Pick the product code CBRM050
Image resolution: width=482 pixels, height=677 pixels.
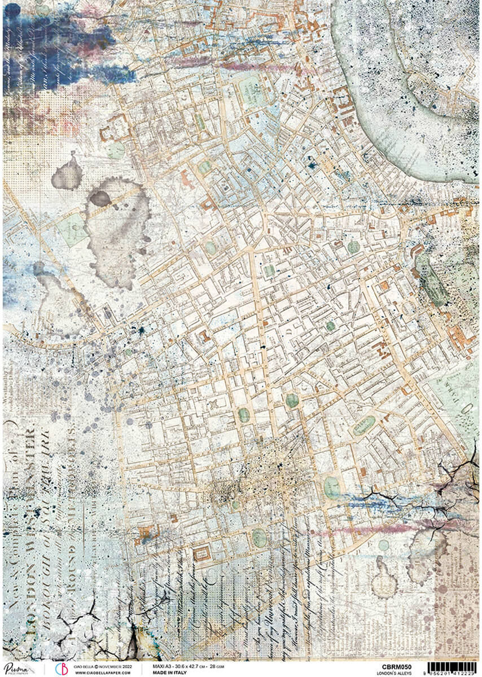point(395,666)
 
